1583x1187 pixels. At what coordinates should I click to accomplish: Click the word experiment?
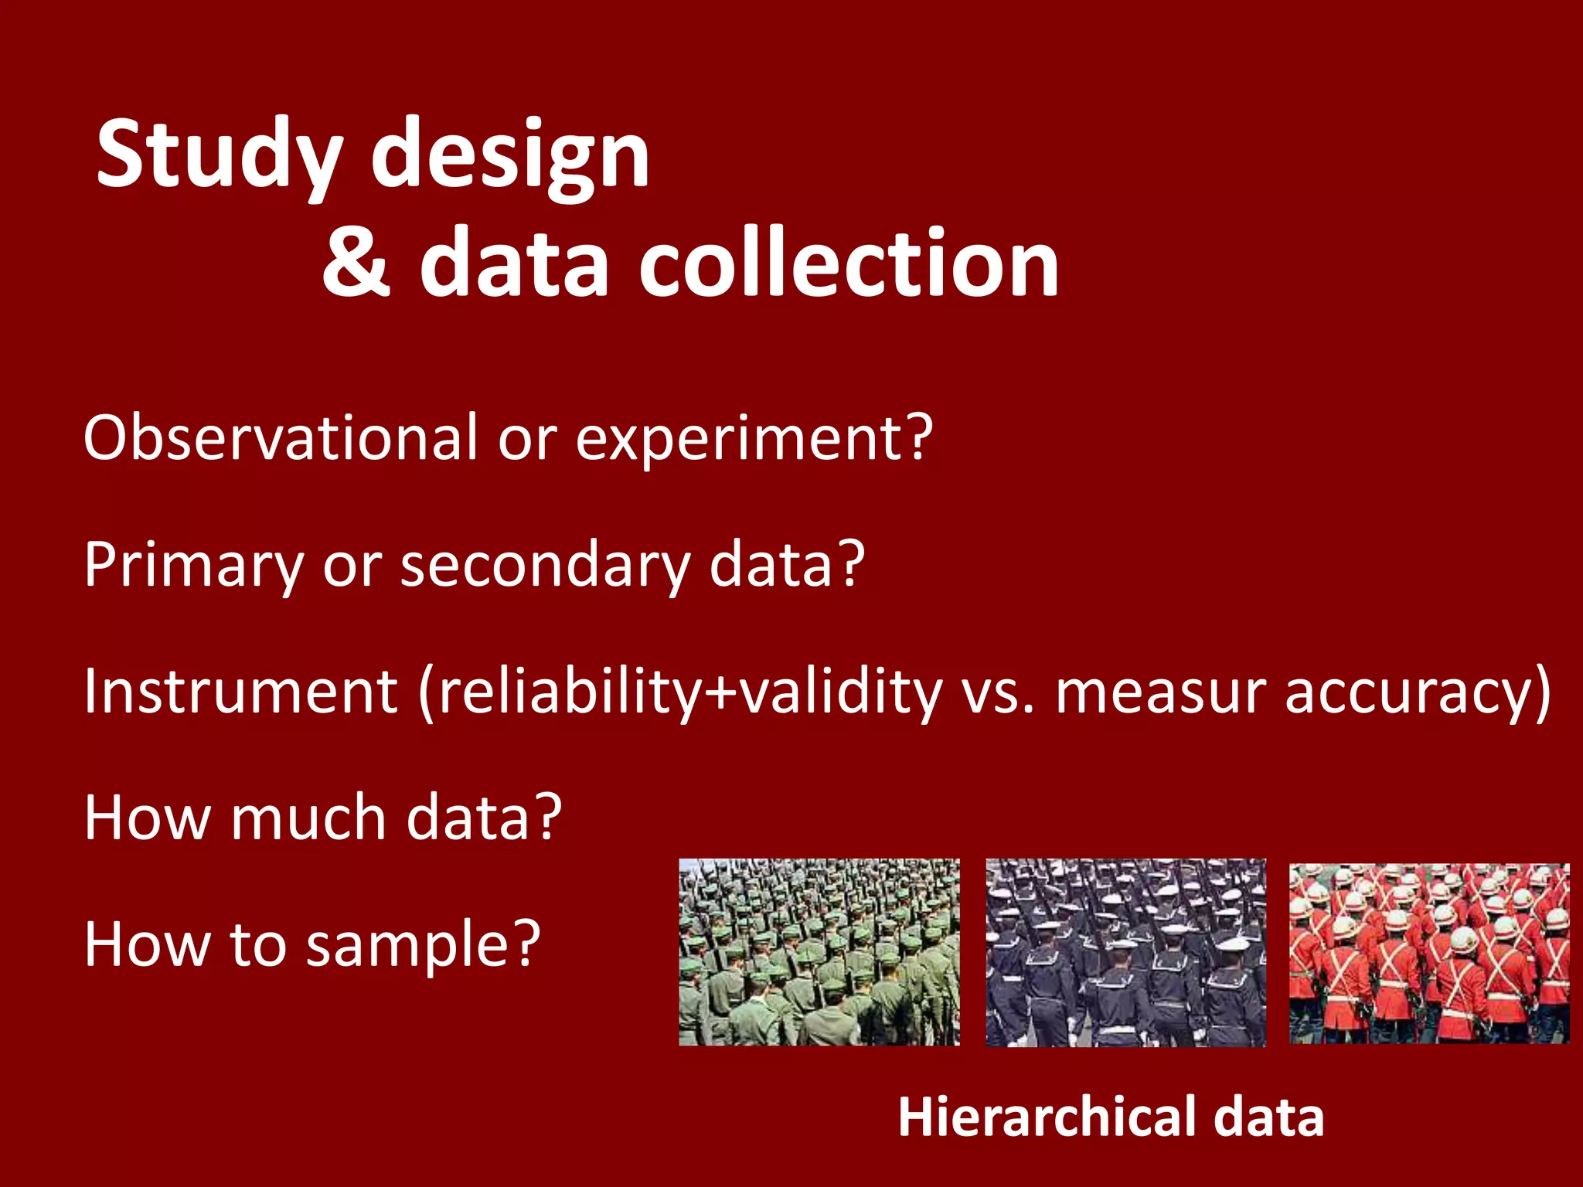[754, 439]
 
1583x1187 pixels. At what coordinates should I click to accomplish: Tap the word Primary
[194, 565]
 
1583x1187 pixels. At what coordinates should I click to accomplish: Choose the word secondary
[544, 565]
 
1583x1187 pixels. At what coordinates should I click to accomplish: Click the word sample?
[422, 944]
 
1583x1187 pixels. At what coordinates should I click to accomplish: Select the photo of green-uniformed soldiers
[819, 952]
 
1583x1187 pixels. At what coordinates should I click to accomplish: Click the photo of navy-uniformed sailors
[1125, 952]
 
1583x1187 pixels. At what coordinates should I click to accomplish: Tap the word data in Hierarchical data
[1268, 1117]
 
